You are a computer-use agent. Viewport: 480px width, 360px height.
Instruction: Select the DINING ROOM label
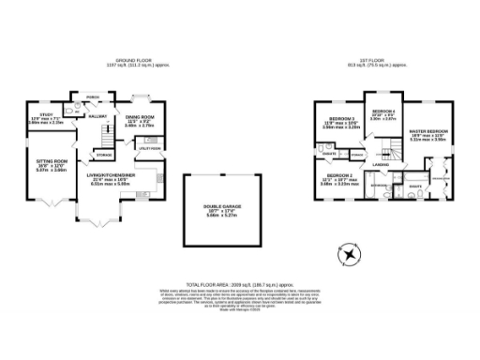tap(139, 118)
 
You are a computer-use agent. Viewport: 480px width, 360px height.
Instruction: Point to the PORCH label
tap(93, 97)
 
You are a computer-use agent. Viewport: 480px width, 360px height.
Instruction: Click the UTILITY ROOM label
tap(150, 148)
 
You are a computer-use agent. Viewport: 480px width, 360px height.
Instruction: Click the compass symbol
tap(349, 252)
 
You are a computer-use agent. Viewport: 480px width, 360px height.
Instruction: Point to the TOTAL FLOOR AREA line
tap(240, 283)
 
